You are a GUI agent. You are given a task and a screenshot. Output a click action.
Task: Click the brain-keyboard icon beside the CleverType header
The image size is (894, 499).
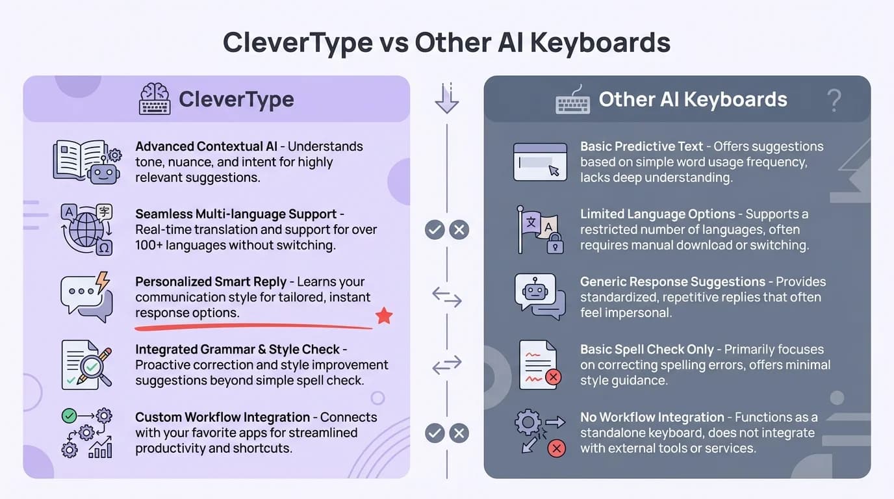pos(155,99)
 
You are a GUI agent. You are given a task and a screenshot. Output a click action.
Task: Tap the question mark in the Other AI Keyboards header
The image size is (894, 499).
pos(834,100)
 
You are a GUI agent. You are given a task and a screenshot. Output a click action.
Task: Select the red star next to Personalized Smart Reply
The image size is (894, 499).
pos(384,316)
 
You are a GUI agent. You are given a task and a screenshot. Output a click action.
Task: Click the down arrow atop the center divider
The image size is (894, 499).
pos(447,99)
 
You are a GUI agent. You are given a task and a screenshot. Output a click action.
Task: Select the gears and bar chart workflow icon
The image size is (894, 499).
pos(87,433)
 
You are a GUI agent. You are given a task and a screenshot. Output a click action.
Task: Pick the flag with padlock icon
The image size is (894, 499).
pos(539,229)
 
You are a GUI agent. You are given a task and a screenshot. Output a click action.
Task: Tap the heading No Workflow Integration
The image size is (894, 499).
pos(652,417)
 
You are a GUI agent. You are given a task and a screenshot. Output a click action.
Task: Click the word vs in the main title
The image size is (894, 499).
pos(393,43)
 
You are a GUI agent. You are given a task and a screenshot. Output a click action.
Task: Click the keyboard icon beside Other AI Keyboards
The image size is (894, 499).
pos(572,101)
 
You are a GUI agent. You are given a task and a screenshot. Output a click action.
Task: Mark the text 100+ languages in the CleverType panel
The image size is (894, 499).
pos(175,246)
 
